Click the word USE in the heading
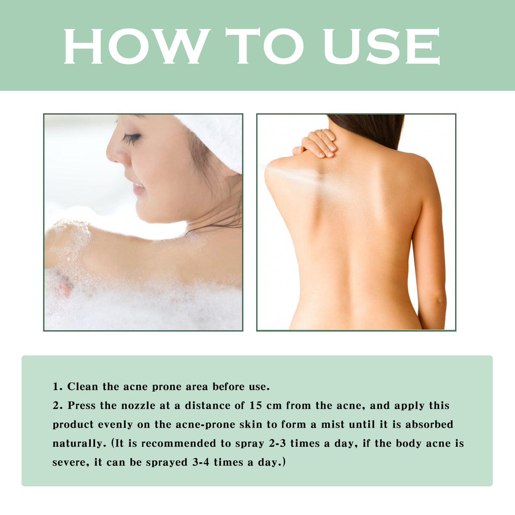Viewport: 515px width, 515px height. coord(381,46)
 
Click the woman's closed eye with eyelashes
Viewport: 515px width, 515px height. coord(132,138)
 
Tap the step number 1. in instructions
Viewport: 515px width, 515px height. coord(58,387)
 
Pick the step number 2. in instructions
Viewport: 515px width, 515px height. coord(58,406)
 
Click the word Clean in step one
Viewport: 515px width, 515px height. coord(83,387)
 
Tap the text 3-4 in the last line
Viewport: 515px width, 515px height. coord(201,462)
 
